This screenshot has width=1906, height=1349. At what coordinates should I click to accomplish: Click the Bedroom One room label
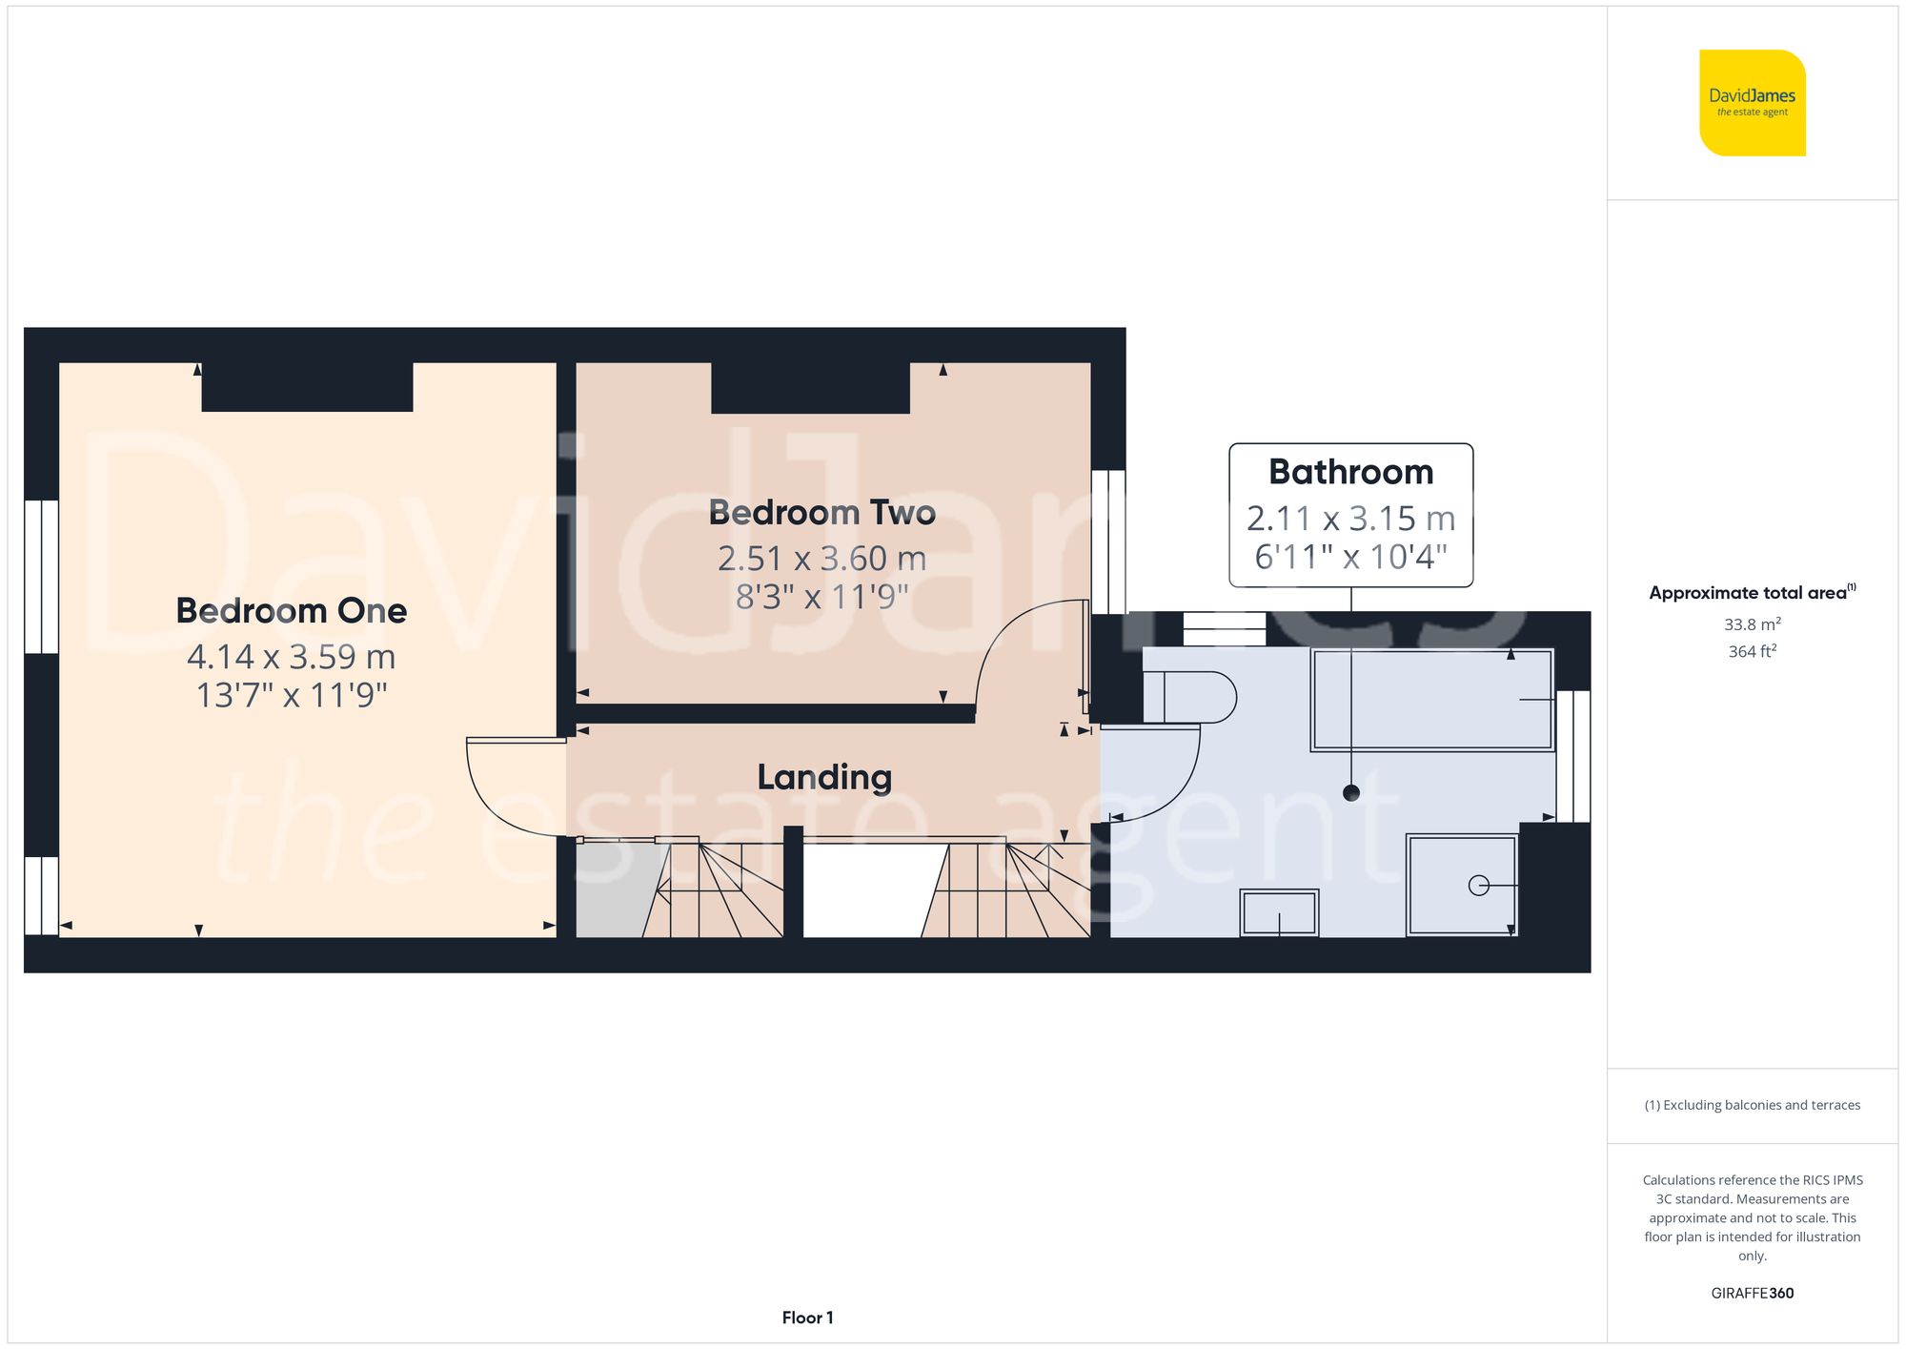[291, 610]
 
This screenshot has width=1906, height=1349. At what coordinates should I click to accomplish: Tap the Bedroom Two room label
[821, 512]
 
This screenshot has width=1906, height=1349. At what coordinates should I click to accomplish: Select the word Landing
[824, 777]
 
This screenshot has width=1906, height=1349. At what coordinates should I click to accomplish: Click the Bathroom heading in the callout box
[1350, 472]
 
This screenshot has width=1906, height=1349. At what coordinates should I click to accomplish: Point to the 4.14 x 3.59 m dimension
[291, 657]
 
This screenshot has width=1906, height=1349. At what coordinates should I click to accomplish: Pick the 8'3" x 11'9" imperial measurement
[821, 597]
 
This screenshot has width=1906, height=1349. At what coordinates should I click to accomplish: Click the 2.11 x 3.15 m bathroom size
[1350, 519]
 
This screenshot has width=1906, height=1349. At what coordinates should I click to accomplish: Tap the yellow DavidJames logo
[1752, 103]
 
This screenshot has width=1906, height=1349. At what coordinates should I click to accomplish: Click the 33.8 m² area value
[1752, 624]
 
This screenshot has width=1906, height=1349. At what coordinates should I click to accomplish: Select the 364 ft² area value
[1752, 651]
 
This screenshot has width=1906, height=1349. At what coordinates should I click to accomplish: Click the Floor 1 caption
[807, 1318]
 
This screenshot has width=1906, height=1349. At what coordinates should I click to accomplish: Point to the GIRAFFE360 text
[1752, 1293]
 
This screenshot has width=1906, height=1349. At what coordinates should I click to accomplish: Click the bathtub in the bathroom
[1431, 701]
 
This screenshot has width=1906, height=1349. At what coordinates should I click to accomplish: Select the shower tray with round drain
[1461, 885]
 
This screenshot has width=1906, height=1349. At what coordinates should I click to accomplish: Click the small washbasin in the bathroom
[1279, 913]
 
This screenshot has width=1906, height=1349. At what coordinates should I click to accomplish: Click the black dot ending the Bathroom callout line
[1350, 792]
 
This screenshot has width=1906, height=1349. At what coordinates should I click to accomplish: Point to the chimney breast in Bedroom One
[307, 386]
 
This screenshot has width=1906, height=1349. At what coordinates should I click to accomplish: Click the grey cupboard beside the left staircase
[610, 891]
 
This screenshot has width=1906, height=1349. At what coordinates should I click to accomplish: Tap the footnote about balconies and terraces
[1752, 1105]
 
